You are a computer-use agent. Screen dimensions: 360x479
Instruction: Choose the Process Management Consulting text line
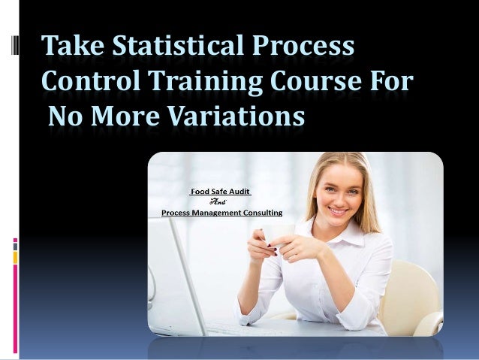pos(221,213)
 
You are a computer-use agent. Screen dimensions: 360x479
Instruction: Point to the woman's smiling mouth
pos(339,211)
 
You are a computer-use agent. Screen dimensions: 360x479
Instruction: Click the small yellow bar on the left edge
pos(14,257)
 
